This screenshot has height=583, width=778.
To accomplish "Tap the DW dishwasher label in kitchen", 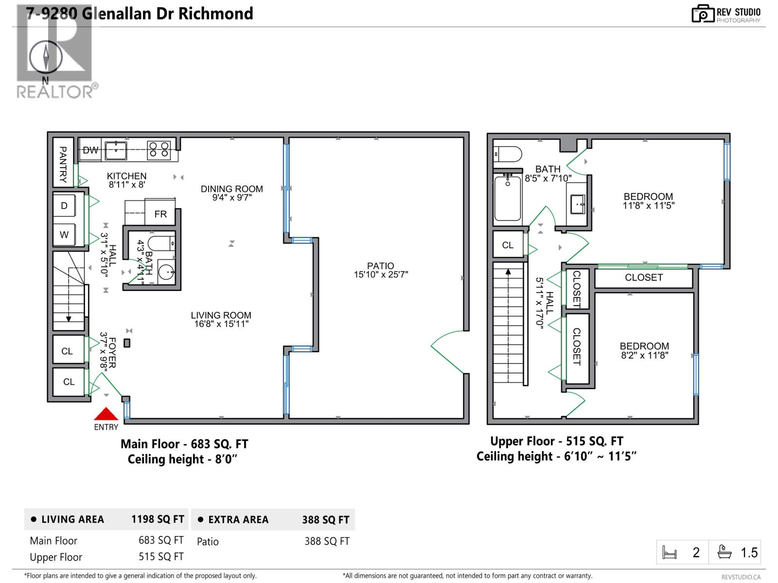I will (90, 151).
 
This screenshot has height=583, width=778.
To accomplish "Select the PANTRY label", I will (63, 164).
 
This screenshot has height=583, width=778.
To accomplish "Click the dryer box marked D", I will (64, 206).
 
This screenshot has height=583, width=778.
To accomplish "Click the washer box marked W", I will (64, 235).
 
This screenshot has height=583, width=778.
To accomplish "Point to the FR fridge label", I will (160, 214).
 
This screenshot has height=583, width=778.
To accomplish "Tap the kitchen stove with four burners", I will (159, 149).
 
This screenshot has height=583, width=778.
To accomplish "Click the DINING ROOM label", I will (231, 189).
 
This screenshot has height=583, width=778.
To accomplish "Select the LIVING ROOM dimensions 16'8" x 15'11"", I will (221, 324).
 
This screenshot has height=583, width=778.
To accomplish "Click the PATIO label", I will (380, 266).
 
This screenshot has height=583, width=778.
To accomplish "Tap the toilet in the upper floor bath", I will (508, 154).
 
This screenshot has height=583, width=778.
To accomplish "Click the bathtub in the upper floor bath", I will (508, 199).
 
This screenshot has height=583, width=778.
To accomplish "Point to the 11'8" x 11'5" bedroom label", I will (648, 206).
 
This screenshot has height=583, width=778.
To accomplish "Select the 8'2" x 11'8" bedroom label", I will (644, 355).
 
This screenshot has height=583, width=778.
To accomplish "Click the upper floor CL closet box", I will (508, 245).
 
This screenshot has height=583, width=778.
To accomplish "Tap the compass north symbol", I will (46, 57).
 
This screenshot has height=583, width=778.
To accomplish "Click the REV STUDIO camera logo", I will (702, 14).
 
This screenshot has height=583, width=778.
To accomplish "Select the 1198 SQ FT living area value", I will (158, 519).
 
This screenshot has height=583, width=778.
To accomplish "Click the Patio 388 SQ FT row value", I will (327, 541).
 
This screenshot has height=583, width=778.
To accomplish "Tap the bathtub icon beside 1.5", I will (725, 552).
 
